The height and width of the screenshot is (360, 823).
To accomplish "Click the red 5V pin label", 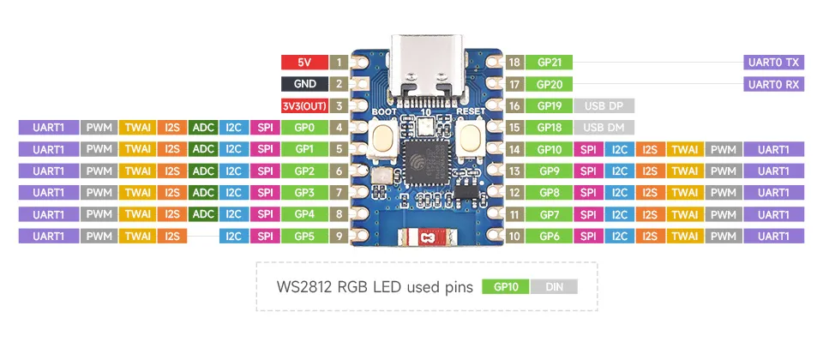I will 303,63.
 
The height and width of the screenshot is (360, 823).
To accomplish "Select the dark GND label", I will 303,84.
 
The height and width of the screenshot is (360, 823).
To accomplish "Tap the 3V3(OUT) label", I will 303,106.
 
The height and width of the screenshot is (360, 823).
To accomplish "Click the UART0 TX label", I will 774,63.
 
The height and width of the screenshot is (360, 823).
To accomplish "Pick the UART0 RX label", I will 774,84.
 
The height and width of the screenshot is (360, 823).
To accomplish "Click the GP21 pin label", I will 550,63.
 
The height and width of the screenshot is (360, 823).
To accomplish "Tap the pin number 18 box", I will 514,63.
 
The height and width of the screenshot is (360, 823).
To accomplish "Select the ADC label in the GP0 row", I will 203,128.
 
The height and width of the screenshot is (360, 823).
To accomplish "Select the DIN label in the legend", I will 554,288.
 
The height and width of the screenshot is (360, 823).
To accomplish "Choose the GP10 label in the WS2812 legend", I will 506,288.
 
